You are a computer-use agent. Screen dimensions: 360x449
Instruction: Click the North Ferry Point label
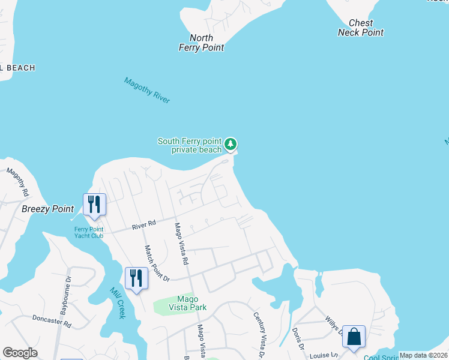tap(201, 43)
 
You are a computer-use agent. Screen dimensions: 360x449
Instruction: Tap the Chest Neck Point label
tap(360, 28)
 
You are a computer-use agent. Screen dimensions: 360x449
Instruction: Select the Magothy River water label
tap(147, 91)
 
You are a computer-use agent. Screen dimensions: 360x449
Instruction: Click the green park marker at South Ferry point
tap(231, 144)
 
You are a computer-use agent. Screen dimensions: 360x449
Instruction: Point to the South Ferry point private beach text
tap(190, 145)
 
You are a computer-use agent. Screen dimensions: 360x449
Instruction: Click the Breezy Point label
tap(47, 209)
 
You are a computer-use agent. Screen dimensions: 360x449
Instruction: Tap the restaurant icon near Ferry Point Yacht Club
tap(94, 205)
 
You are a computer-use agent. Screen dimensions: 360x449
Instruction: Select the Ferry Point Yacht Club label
tap(89, 232)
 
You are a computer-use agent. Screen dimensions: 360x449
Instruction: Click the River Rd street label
tap(143, 224)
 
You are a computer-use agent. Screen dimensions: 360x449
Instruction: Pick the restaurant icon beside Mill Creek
tap(136, 278)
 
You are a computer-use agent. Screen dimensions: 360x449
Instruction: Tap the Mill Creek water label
tap(117, 302)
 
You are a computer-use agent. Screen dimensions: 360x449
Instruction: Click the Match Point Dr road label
tap(157, 263)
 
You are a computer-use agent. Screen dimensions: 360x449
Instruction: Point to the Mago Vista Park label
tap(191, 303)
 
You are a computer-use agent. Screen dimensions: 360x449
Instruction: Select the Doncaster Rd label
tap(52, 321)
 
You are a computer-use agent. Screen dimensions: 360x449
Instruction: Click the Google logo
tap(20, 353)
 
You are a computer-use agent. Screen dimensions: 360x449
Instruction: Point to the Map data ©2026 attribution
tap(423, 355)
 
